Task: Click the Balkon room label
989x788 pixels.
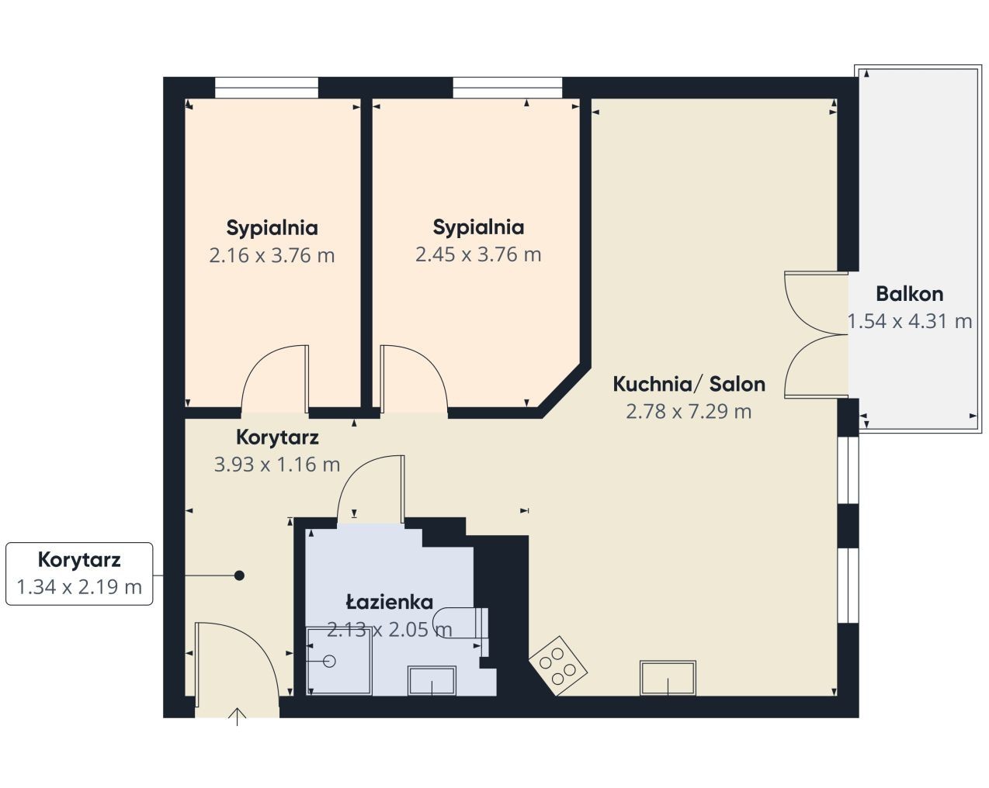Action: pyautogui.click(x=910, y=294)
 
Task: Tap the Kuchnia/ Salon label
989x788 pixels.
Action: pyautogui.click(x=689, y=384)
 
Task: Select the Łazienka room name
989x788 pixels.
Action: pyautogui.click(x=389, y=602)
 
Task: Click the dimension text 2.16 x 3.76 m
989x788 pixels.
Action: pyautogui.click(x=272, y=255)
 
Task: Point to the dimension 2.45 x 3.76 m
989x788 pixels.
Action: pyautogui.click(x=478, y=254)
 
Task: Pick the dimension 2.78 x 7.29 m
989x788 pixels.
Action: pyautogui.click(x=689, y=411)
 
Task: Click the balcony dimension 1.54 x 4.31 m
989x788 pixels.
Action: pyautogui.click(x=910, y=321)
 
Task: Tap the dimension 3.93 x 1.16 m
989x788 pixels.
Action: pyautogui.click(x=277, y=465)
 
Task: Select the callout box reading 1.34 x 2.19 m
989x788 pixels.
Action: pyautogui.click(x=79, y=574)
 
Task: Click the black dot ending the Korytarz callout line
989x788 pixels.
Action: pyautogui.click(x=239, y=575)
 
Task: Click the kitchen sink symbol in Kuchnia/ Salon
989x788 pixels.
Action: pyautogui.click(x=668, y=678)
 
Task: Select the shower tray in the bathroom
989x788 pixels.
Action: pyautogui.click(x=338, y=662)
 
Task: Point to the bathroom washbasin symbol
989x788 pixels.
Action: pyautogui.click(x=432, y=680)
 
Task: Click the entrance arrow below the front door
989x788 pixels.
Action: pyautogui.click(x=237, y=717)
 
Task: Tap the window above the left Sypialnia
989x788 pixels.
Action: pyautogui.click(x=266, y=87)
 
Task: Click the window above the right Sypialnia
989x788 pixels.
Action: pyautogui.click(x=508, y=87)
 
